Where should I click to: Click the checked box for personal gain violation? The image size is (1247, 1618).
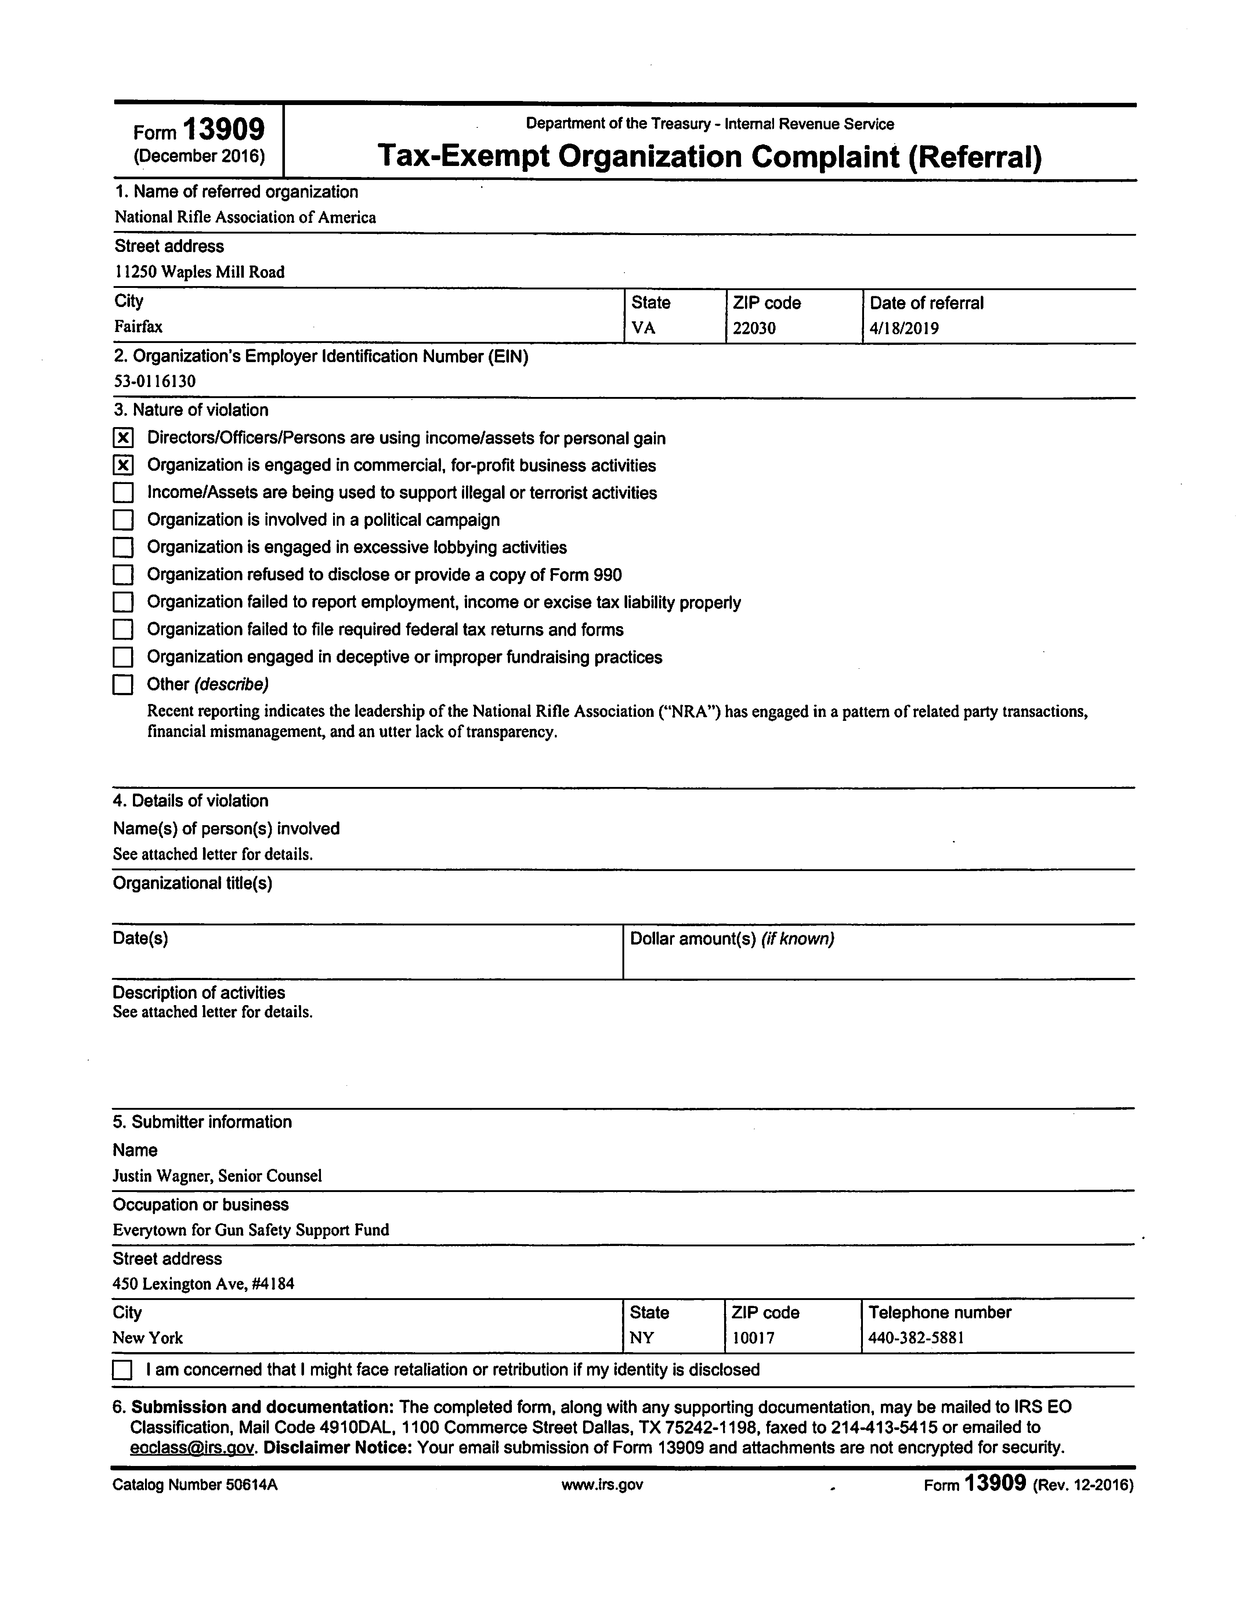click(x=123, y=438)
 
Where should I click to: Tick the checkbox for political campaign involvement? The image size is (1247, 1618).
click(x=123, y=520)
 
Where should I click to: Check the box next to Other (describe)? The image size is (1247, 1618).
click(x=123, y=685)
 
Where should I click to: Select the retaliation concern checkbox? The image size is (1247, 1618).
click(x=122, y=1370)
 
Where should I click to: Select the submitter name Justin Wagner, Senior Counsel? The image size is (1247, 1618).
click(x=217, y=1176)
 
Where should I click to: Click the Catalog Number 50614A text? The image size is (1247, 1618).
click(x=195, y=1485)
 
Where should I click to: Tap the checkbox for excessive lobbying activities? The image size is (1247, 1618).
click(x=123, y=548)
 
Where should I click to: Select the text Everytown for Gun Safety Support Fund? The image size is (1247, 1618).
click(x=250, y=1230)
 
